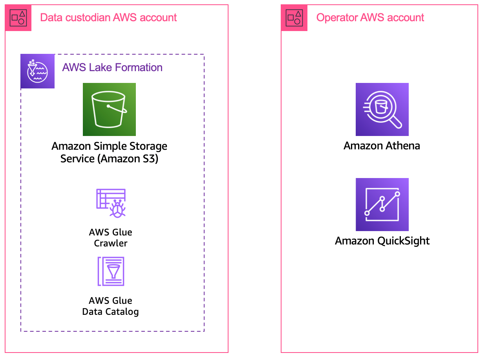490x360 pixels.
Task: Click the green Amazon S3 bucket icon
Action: [109, 109]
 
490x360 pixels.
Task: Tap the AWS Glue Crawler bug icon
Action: [111, 203]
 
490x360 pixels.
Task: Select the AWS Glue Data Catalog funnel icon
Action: [111, 271]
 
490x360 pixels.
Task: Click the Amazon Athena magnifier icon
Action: [382, 109]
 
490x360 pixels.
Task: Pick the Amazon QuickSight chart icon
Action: [382, 204]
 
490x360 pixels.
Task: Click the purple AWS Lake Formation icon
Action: [37, 71]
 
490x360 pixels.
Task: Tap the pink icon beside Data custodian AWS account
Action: [18, 18]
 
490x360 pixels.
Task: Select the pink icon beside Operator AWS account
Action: [294, 18]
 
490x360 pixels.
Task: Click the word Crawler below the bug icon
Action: [111, 243]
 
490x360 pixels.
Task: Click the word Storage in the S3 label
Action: [148, 147]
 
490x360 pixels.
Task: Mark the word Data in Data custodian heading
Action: [50, 18]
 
